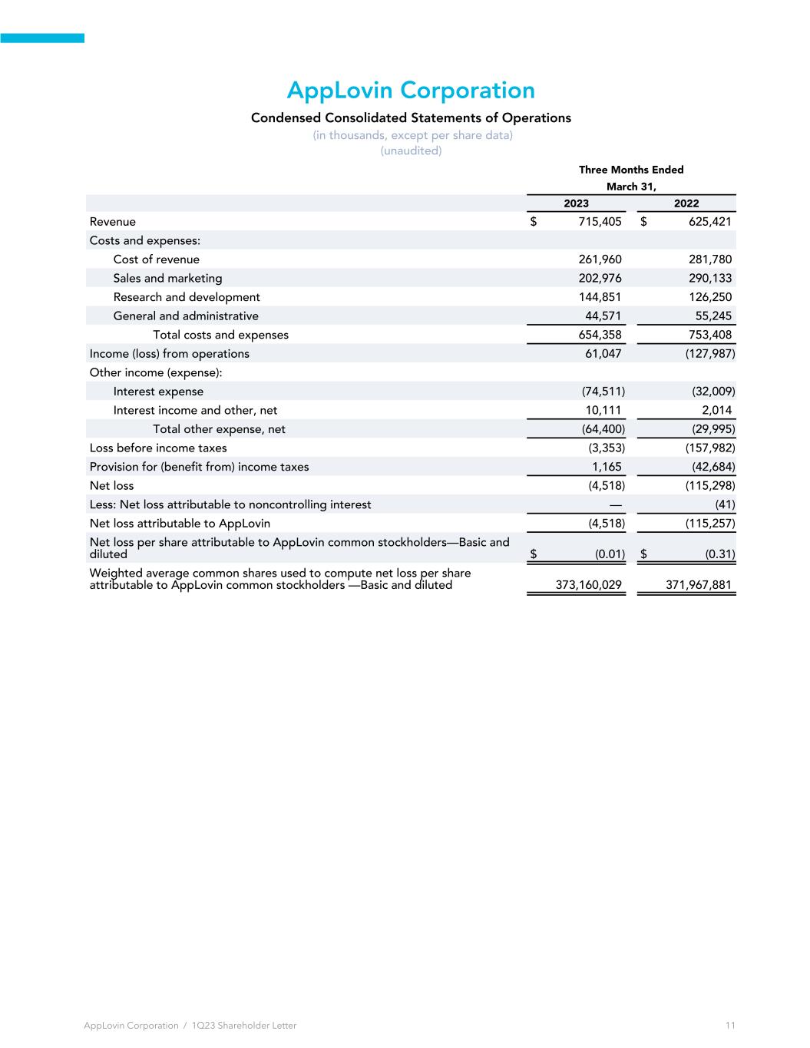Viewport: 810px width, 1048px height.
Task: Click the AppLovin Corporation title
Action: coord(411,91)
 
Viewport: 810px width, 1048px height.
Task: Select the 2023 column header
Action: coord(576,203)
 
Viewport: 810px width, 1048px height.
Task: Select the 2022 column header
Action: coord(686,203)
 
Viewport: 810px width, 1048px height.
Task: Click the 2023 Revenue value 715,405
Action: coord(594,222)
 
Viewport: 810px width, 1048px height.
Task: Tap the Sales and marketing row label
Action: coord(167,278)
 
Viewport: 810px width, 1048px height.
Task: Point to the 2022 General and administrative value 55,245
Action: coord(713,316)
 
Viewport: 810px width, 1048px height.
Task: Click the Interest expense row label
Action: coord(158,392)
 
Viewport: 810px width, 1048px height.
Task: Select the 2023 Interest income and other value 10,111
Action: coord(603,410)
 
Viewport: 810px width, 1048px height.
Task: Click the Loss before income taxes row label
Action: coord(158,448)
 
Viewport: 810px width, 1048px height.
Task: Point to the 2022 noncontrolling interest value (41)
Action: coord(725,504)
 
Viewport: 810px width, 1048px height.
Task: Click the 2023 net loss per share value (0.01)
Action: coord(610,554)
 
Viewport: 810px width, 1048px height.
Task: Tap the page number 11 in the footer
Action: coord(729,1026)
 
